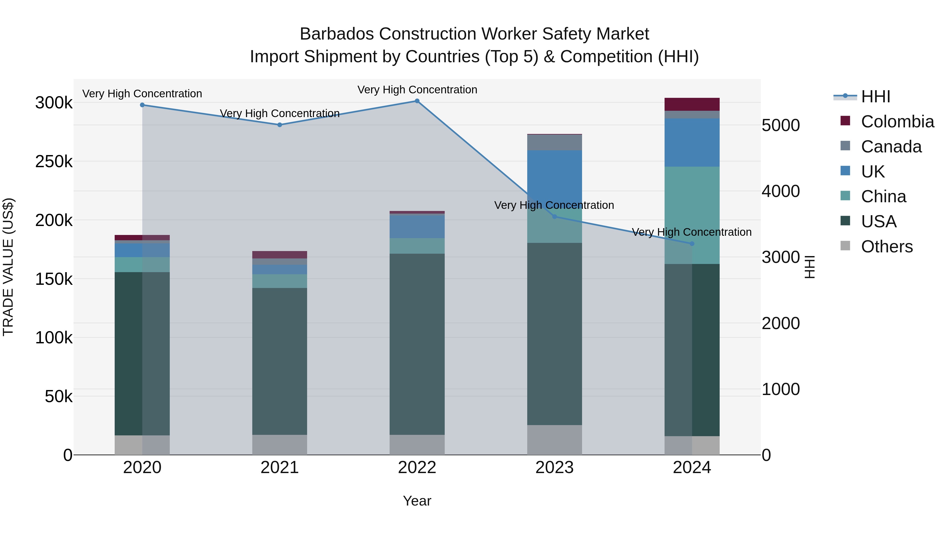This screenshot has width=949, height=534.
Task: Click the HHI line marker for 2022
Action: click(x=417, y=101)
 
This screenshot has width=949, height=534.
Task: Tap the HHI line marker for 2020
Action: click(x=142, y=105)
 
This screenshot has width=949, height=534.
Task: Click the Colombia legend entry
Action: click(x=897, y=122)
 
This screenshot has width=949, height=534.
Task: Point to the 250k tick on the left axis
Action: click(x=54, y=161)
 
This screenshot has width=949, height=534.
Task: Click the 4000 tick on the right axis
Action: click(x=780, y=191)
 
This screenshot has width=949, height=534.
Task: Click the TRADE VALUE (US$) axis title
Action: click(x=8, y=267)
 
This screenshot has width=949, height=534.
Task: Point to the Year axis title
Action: click(x=417, y=501)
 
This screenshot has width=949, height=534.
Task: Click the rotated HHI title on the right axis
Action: click(x=809, y=267)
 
